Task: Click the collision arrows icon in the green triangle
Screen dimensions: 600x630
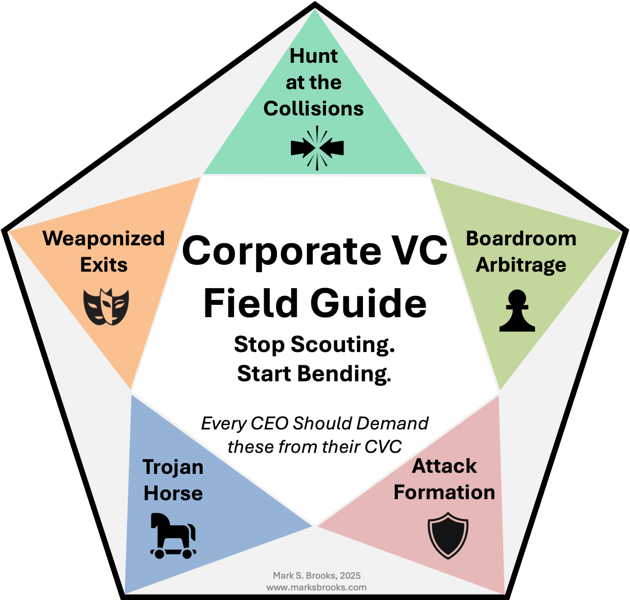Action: [317, 148]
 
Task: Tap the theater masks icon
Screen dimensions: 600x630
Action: [106, 307]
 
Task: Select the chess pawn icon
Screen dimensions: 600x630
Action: [517, 311]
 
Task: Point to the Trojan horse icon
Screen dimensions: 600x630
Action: [173, 536]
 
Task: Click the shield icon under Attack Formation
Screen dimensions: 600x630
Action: [448, 536]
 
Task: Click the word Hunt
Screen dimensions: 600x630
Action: [314, 56]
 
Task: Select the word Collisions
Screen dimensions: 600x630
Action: [314, 109]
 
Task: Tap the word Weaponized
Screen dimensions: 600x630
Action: [104, 238]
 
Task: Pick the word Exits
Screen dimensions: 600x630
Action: [104, 265]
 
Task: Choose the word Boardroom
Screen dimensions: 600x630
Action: [521, 238]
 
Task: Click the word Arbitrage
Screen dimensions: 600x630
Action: [521, 265]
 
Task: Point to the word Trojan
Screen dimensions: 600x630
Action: [173, 467]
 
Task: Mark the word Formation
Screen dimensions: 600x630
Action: [444, 492]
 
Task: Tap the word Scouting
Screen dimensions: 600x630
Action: [342, 344]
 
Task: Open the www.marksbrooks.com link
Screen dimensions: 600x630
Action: [316, 587]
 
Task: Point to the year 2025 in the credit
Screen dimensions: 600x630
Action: [350, 576]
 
